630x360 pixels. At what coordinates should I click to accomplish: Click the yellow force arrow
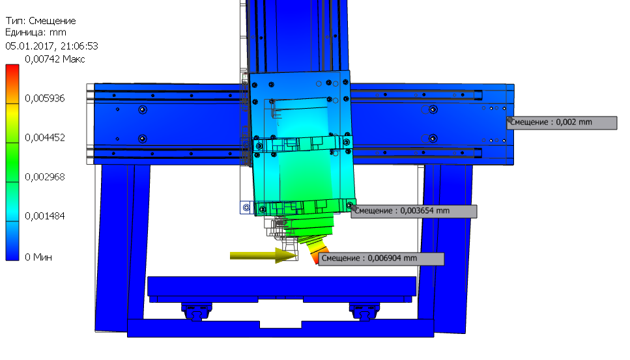(264, 255)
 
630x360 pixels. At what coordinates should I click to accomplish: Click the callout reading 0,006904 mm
(381, 259)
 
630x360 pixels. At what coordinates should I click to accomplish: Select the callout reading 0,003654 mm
(414, 211)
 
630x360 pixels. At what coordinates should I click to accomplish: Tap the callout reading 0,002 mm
(562, 123)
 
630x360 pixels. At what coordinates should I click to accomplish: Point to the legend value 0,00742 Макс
(55, 59)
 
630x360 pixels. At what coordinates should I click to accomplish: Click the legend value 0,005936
(44, 98)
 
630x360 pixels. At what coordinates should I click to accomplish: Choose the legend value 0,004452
(44, 137)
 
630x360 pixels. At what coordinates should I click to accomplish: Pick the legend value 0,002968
(44, 177)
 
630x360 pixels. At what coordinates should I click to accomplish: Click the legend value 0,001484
(44, 216)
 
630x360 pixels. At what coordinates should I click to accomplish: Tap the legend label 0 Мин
(38, 257)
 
